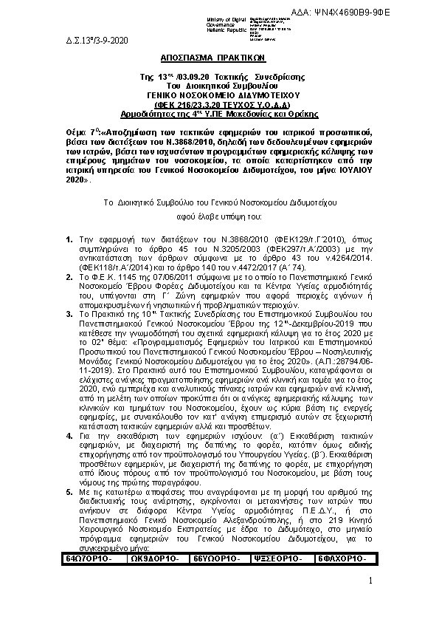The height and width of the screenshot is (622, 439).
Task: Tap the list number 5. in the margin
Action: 69,489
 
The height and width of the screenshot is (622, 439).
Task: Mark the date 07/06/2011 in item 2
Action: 148,273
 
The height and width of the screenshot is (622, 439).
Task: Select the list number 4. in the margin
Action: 69,437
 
